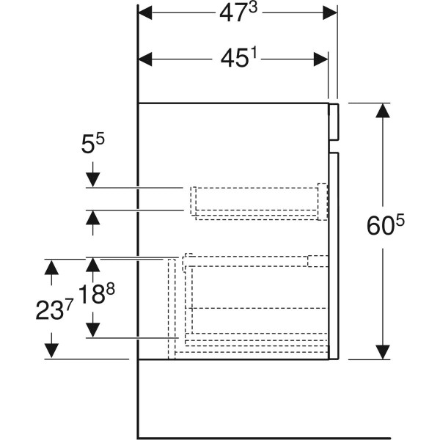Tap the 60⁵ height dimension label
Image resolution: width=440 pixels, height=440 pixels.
[x=386, y=225]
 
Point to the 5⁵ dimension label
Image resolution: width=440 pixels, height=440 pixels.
[x=92, y=144]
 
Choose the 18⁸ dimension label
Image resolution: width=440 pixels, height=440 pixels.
[x=97, y=293]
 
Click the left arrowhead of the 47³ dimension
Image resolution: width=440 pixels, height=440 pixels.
[x=145, y=13]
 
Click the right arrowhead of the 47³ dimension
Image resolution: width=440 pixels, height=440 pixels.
[x=330, y=13]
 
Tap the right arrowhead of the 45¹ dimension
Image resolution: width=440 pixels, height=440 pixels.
[x=320, y=59]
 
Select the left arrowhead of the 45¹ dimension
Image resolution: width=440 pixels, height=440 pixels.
[x=145, y=59]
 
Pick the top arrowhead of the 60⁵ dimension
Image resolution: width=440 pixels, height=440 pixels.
[x=383, y=111]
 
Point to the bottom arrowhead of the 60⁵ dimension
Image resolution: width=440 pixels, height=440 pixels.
[x=383, y=352]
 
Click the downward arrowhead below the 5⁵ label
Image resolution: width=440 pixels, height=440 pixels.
[x=93, y=180]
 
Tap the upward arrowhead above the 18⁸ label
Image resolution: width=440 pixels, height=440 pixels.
[x=93, y=265]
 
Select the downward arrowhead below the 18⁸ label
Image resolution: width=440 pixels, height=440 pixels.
[x=93, y=330]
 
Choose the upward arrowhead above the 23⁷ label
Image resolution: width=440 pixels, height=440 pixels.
[x=51, y=267]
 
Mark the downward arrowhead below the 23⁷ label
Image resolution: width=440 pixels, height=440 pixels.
[x=51, y=351]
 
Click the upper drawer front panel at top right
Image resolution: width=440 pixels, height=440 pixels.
[x=334, y=122]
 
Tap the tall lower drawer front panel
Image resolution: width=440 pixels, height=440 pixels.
[x=334, y=256]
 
